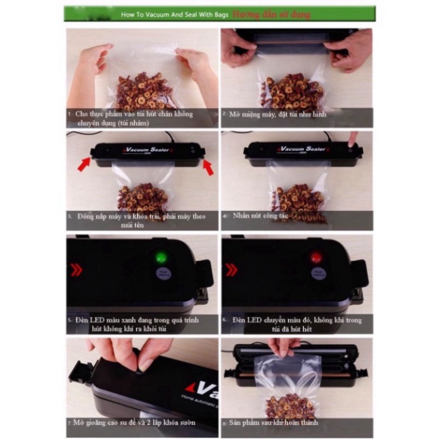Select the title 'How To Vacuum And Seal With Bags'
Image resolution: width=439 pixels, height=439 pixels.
click(173, 14)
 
